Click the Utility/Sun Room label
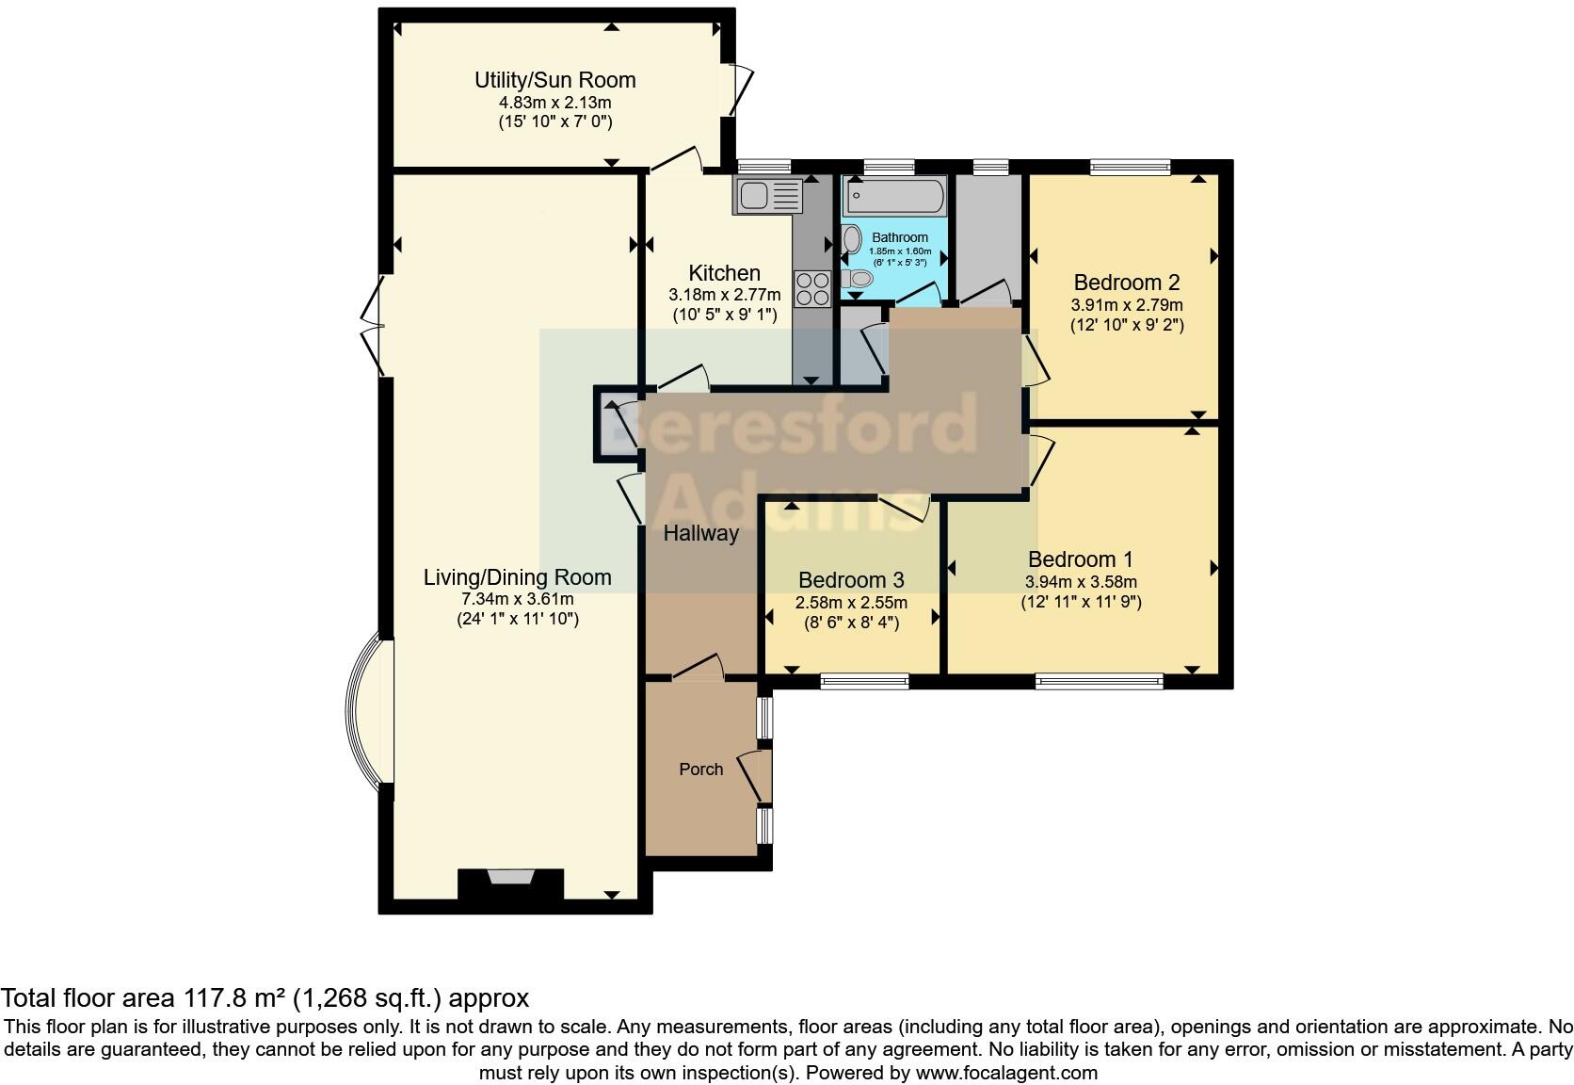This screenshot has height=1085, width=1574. (554, 80)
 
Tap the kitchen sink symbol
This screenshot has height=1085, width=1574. (767, 196)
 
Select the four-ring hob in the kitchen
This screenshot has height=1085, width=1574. (811, 287)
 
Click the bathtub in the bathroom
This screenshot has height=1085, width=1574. (895, 198)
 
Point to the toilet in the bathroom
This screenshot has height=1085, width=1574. (856, 279)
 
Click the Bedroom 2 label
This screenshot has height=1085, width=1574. (1126, 282)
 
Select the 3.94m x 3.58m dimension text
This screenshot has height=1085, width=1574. (1081, 582)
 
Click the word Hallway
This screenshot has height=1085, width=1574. (700, 533)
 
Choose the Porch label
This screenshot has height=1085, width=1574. (700, 769)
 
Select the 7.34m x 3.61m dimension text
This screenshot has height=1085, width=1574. (517, 599)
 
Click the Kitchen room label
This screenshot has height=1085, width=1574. (724, 273)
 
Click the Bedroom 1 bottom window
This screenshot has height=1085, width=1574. (1099, 680)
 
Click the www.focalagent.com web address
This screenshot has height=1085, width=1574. (1006, 1072)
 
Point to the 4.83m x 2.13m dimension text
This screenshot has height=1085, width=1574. (554, 103)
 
